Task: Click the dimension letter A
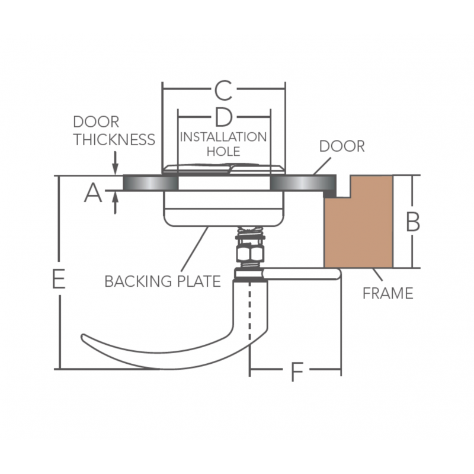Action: coord(93,193)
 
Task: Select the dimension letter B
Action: coord(412,222)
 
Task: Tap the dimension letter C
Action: coord(223,91)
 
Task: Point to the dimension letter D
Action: coord(223,117)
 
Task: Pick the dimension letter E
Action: coord(58,279)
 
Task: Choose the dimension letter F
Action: coord(296,373)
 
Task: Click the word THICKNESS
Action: coord(114,140)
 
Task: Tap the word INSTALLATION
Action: coord(223,137)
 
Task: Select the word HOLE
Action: coord(223,152)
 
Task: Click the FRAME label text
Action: coord(388,293)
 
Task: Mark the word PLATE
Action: coord(198,281)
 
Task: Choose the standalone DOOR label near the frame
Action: coord(342,146)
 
